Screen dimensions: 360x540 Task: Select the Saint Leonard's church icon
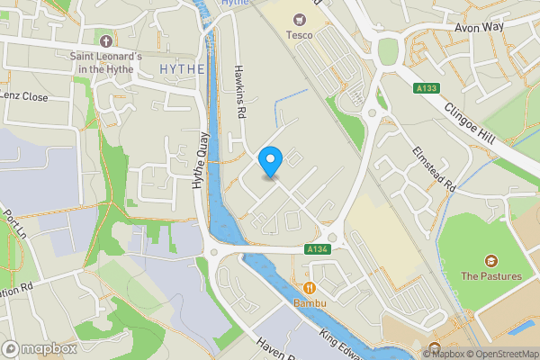click(106, 41)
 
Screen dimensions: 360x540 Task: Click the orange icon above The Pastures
click(491, 259)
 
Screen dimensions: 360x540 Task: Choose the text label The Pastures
click(490, 275)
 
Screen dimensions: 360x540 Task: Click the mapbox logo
click(39, 348)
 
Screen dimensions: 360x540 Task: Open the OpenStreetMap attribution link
click(500, 354)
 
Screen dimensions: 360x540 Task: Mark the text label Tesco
click(299, 35)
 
